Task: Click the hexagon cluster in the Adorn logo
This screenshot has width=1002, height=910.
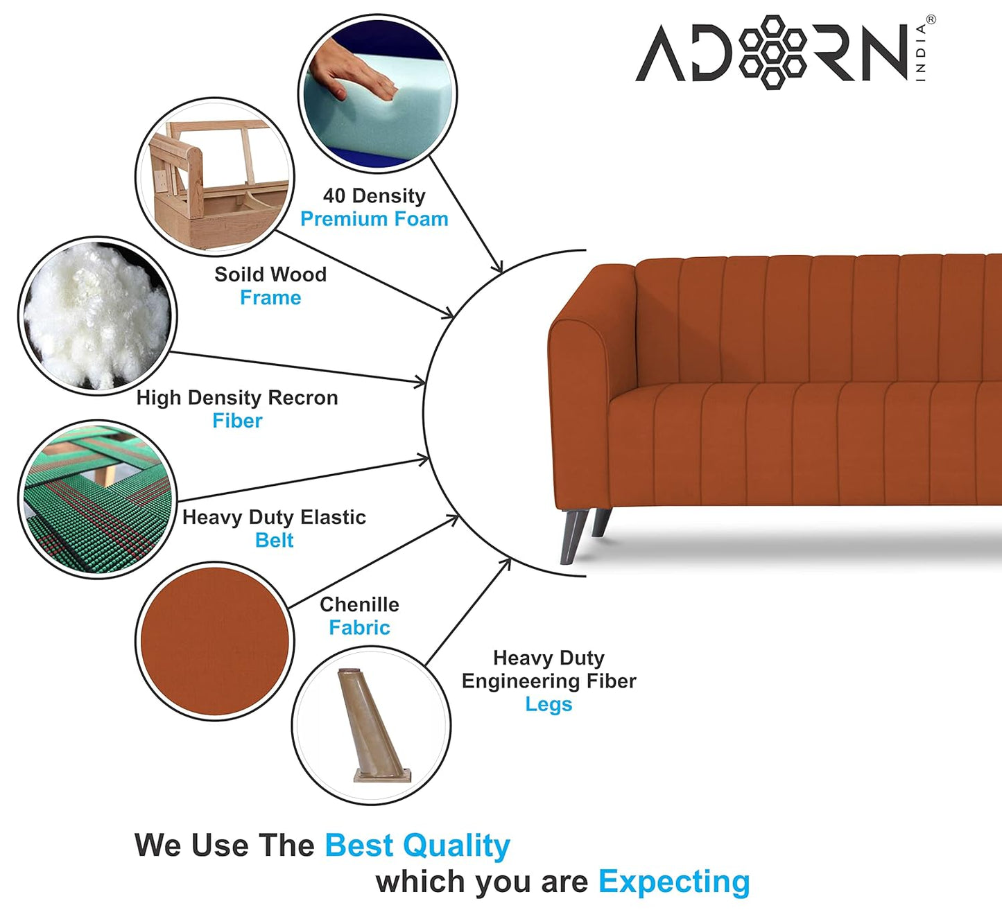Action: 772,52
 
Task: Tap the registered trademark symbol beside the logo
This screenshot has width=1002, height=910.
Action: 930,20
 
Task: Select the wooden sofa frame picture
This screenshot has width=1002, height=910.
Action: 215,177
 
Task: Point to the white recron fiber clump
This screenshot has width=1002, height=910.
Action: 97,315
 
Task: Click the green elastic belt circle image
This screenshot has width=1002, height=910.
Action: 97,499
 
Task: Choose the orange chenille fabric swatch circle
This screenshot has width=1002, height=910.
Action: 214,641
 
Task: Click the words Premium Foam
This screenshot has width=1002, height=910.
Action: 374,219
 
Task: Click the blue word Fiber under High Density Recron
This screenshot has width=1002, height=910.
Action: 237,421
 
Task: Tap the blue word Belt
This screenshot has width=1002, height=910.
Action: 274,541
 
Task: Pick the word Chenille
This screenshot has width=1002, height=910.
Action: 359,604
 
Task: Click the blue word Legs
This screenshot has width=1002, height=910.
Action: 548,704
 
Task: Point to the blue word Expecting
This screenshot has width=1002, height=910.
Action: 674,882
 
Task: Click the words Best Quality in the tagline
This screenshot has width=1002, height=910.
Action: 417,846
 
